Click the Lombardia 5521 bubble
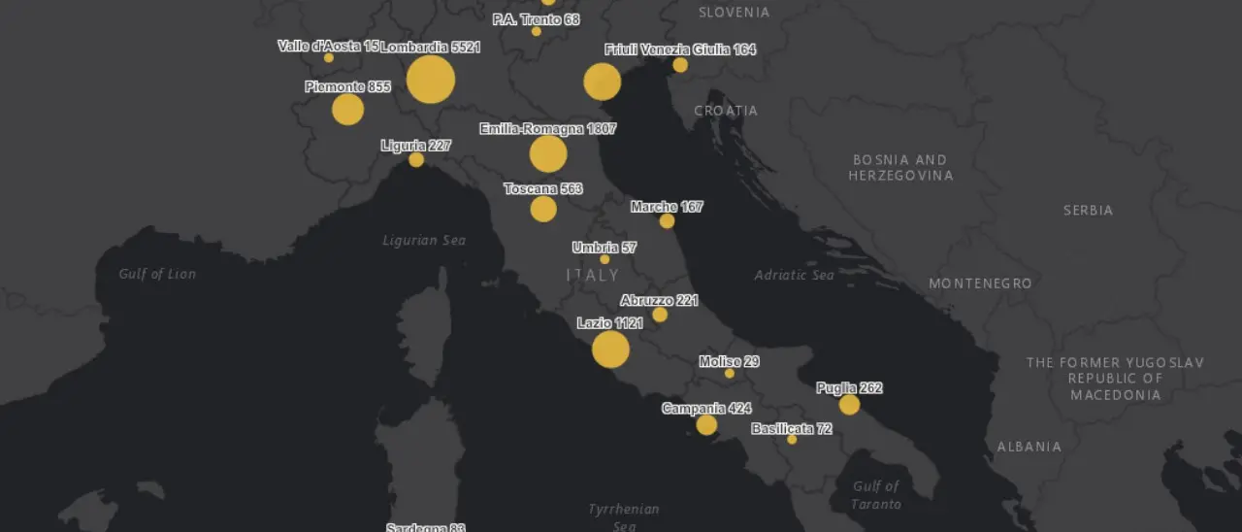[430, 80]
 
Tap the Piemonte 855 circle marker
[347, 109]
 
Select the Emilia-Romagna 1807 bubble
[548, 153]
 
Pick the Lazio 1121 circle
[610, 349]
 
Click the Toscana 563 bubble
[543, 209]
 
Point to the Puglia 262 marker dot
[849, 405]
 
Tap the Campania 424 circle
[706, 424]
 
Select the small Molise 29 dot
[729, 374]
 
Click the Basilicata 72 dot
[792, 440]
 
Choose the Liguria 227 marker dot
[416, 160]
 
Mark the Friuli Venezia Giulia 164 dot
[680, 65]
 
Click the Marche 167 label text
[667, 207]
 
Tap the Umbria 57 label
[604, 248]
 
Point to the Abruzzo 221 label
[659, 301]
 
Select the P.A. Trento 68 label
[536, 19]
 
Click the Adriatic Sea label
[794, 275]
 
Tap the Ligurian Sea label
[424, 240]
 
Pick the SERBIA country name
[1088, 210]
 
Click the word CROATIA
[726, 111]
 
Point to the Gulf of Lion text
[157, 274]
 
